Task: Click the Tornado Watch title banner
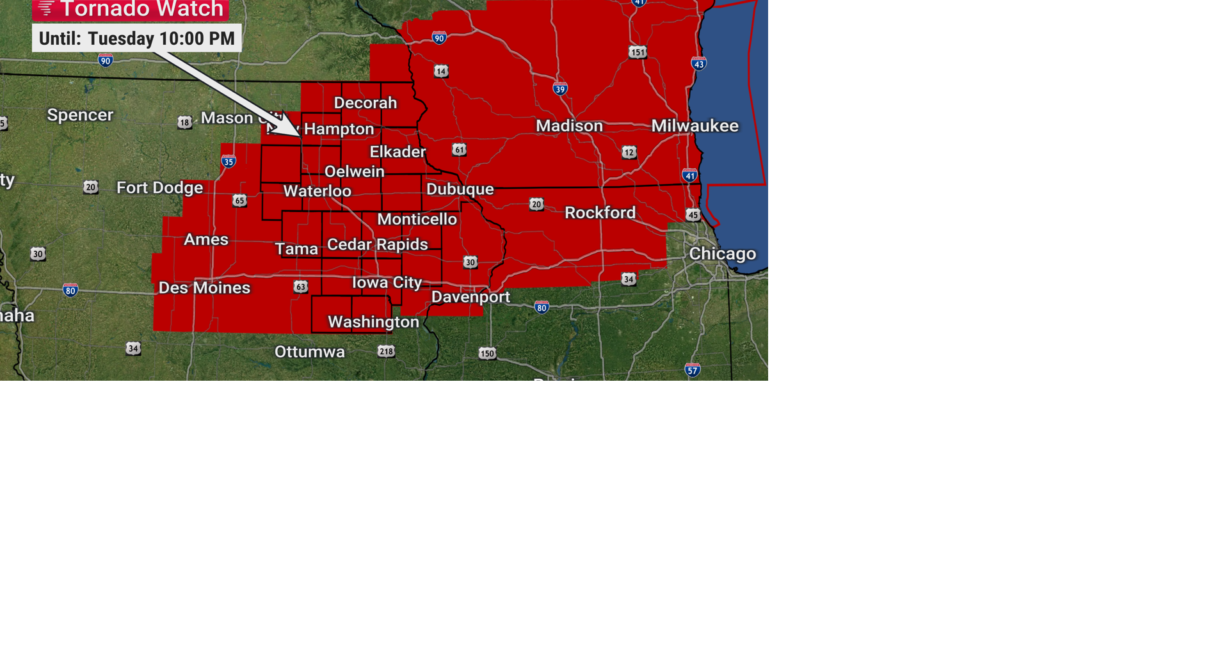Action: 131,10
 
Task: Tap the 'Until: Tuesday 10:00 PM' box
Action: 136,38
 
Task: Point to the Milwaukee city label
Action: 695,125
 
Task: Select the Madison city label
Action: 569,126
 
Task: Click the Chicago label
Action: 722,254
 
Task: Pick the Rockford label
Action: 600,212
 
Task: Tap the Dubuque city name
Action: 460,189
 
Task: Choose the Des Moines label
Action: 204,288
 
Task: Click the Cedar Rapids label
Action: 377,244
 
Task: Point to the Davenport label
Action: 470,297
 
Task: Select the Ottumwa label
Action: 309,352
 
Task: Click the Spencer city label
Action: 80,115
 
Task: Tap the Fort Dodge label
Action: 159,187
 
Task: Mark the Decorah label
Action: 365,103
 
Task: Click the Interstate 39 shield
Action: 560,89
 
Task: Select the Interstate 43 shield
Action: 698,63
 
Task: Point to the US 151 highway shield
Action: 638,52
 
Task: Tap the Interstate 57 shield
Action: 692,370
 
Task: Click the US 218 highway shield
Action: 386,351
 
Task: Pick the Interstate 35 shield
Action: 229,161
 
